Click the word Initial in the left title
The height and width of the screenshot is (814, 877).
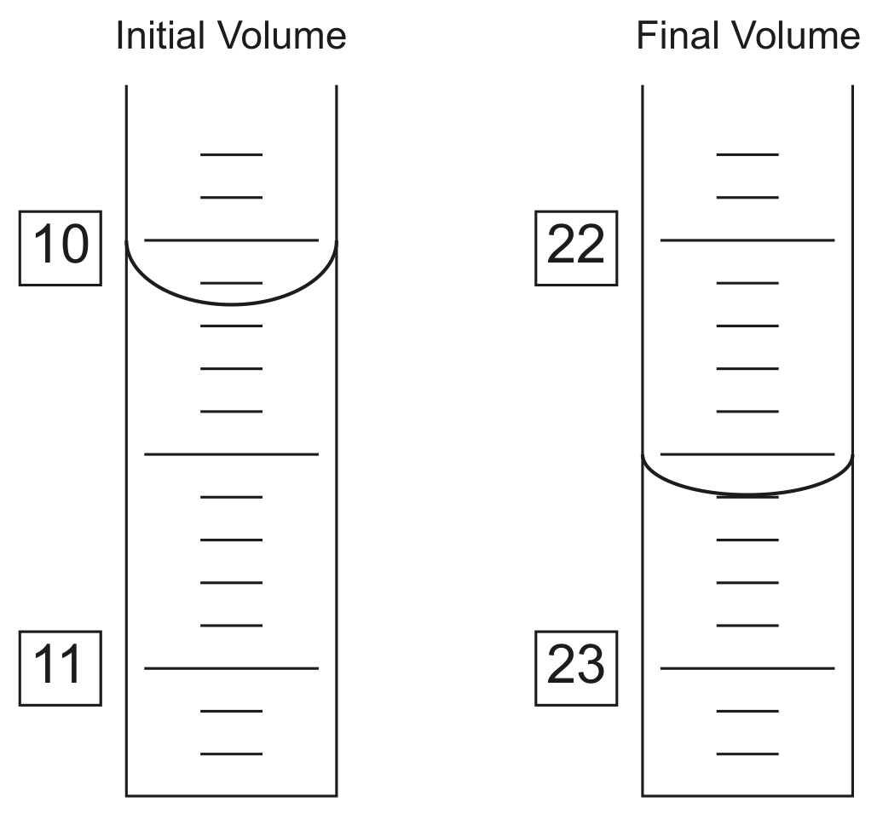click(160, 36)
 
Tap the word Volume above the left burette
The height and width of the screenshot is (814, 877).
click(282, 36)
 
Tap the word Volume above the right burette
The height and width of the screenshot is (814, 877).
click(795, 36)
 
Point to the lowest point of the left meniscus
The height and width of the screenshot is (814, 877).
click(232, 304)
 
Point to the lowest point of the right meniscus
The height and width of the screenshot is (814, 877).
click(747, 494)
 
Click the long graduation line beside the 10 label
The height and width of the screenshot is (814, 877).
click(232, 240)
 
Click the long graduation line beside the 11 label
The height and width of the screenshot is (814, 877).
click(232, 668)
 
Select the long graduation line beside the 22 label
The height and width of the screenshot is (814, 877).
click(747, 240)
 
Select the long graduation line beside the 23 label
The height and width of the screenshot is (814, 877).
click(747, 668)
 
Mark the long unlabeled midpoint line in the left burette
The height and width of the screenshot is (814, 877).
click(232, 454)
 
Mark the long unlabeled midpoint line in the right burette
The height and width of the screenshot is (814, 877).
click(747, 454)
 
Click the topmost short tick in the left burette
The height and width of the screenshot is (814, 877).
click(232, 154)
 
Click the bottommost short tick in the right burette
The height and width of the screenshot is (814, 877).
click(747, 754)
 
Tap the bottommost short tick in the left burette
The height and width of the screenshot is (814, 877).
click(232, 754)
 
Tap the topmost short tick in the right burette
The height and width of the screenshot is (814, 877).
click(747, 154)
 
